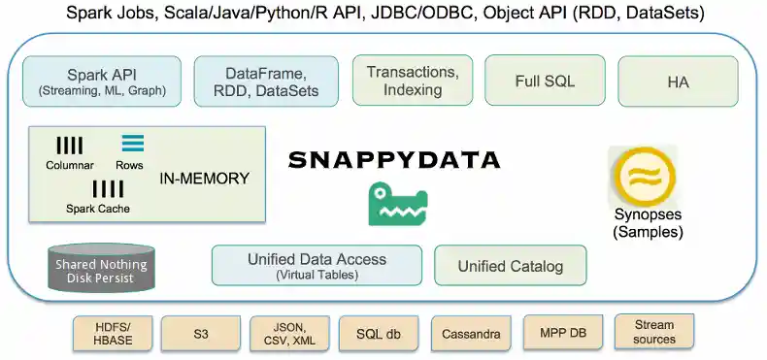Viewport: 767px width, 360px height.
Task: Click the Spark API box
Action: tap(102, 82)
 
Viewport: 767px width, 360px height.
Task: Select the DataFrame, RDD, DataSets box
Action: tap(266, 82)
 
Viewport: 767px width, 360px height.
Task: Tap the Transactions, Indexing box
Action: tap(412, 81)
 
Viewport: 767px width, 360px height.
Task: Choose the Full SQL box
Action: tap(545, 81)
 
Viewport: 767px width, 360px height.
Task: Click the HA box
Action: tap(678, 82)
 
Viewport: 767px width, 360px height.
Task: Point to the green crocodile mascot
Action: tap(397, 204)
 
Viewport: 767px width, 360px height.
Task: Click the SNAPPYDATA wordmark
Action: tap(393, 160)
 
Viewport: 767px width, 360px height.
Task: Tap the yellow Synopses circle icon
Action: tap(642, 176)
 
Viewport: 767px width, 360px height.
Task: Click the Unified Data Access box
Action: tap(317, 265)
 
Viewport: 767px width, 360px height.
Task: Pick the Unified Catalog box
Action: tap(511, 265)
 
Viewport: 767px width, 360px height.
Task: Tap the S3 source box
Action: tap(200, 334)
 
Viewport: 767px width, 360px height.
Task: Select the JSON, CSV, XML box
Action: tap(289, 334)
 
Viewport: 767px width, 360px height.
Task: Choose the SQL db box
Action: tap(379, 334)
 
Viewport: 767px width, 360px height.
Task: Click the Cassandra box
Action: tap(470, 334)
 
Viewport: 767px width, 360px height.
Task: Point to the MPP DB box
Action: tap(563, 333)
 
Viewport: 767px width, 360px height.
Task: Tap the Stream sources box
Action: tap(653, 332)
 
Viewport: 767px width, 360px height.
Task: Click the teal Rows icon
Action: tap(133, 144)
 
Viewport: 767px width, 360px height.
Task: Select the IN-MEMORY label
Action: tap(205, 179)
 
